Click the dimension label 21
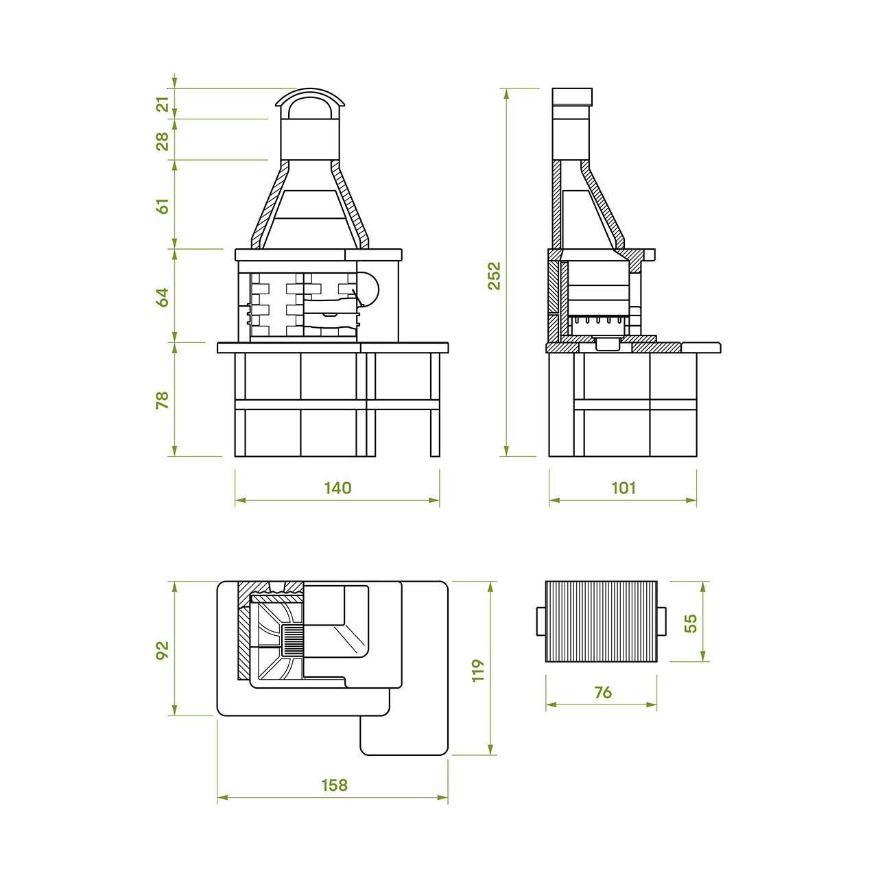(x=163, y=104)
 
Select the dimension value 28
(x=163, y=141)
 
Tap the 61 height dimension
(x=163, y=206)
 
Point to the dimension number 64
(x=163, y=298)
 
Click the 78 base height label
(x=163, y=400)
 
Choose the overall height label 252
(x=494, y=276)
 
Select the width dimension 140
(x=337, y=488)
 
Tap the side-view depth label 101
(x=623, y=488)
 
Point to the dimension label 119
(x=477, y=670)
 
